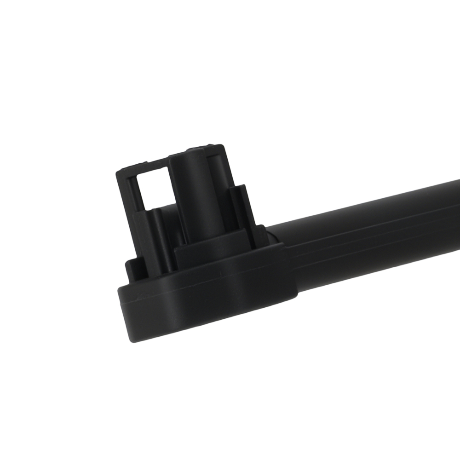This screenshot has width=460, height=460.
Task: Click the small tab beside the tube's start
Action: point(271,232)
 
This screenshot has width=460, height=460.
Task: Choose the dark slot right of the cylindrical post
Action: point(216,193)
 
